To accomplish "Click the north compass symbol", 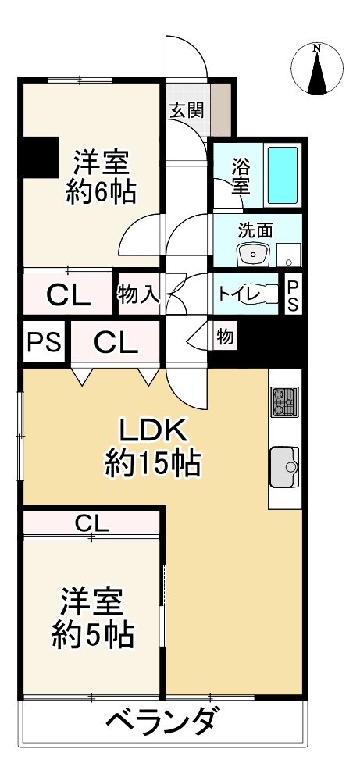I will [318, 68].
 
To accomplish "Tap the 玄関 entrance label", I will [187, 109].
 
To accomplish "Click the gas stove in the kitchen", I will [284, 402].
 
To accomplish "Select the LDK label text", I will [153, 431].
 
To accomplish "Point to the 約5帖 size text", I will [92, 634].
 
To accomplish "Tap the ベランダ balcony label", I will [160, 720].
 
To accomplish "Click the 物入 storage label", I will [139, 294].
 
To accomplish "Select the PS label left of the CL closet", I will [44, 342].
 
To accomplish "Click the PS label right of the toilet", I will [291, 294].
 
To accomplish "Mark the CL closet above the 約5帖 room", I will [92, 522].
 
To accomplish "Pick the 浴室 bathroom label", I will [241, 176].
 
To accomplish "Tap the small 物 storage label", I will [224, 338].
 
